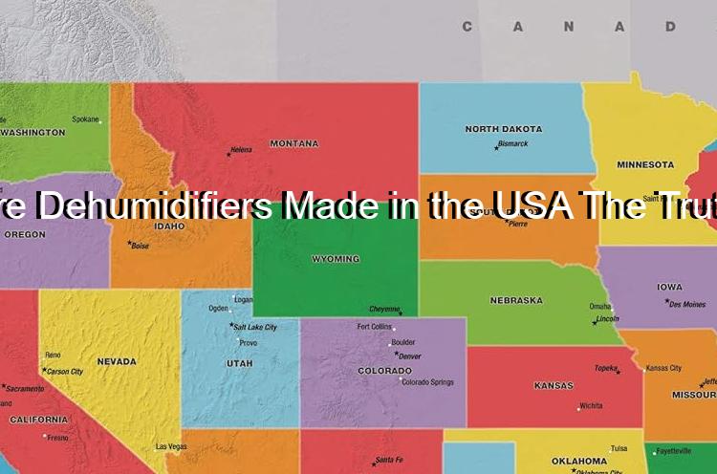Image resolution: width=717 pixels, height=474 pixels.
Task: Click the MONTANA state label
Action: coord(293,143)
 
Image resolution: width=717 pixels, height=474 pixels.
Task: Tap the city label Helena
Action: coord(241,150)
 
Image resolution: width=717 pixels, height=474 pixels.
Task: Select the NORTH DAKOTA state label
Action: coord(503,129)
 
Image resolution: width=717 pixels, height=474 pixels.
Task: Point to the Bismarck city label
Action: coord(512,144)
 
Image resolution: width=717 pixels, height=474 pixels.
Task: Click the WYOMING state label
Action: coord(336,259)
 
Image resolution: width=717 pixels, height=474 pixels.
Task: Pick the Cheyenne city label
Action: coord(385,309)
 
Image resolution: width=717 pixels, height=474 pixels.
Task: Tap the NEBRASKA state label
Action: coord(516,300)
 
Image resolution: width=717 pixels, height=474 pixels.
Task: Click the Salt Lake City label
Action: coord(255,327)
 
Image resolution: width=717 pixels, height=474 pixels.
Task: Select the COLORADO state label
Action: coord(384,370)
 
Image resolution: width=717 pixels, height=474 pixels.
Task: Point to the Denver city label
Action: coord(409,355)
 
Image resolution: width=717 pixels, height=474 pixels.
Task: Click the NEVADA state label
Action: coord(116,361)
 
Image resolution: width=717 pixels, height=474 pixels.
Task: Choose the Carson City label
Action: coord(65,371)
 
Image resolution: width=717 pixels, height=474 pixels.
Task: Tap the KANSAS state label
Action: coord(554,385)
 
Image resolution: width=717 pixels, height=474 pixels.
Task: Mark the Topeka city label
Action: coord(605,367)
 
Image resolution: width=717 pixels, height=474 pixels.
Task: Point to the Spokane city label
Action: coord(86,119)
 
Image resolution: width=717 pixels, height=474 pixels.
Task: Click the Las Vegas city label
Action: coord(171,446)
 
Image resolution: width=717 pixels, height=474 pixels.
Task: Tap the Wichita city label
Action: coord(591,405)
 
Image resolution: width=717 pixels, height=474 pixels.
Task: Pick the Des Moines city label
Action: coord(687,304)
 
